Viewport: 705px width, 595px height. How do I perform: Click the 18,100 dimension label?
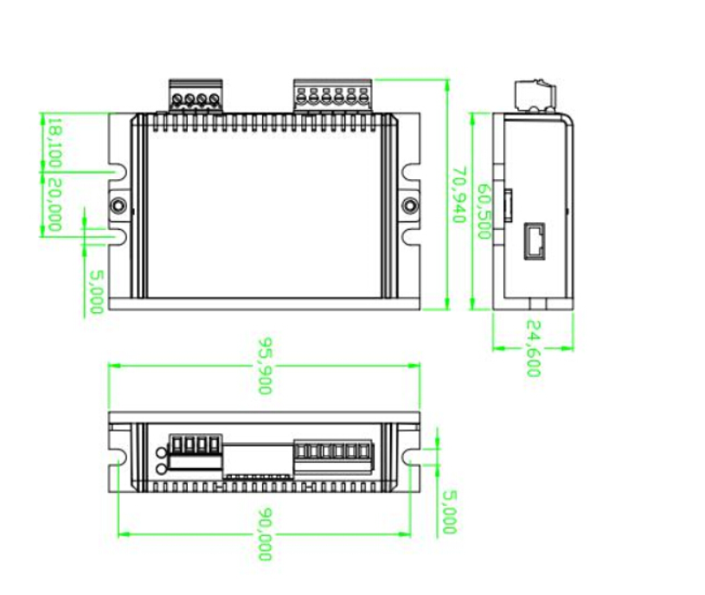[x=54, y=144]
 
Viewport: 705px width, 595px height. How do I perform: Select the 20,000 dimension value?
[x=54, y=205]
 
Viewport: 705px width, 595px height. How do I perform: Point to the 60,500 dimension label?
[x=484, y=213]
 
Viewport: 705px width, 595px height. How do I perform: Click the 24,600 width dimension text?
[x=533, y=349]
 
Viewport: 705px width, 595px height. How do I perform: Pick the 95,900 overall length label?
[x=263, y=366]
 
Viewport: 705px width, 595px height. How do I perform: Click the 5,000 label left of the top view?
[x=96, y=291]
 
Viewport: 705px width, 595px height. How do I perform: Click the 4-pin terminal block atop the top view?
[x=195, y=95]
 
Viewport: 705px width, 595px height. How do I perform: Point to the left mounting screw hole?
[x=119, y=206]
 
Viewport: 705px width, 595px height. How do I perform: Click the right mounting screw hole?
[x=411, y=206]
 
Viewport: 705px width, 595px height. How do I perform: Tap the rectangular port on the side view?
[x=534, y=242]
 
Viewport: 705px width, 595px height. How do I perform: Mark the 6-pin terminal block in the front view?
[x=333, y=451]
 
